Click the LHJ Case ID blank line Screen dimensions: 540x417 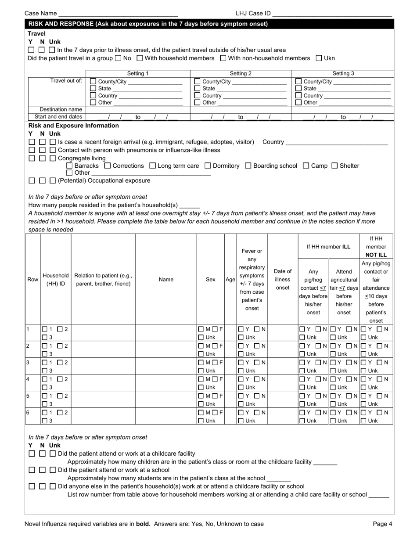pos(332,14)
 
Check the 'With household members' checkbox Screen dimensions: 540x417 pos(140,58)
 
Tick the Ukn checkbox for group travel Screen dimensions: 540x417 pos(319,58)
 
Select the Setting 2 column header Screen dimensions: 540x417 pos(241,73)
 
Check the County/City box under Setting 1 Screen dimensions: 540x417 pos(93,81)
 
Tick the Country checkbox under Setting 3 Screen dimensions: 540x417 pos(298,96)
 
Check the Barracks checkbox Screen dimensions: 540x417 pos(69,166)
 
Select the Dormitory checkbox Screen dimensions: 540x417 pos(208,166)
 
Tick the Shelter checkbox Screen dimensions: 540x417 pos(334,166)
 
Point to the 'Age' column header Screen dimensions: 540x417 pos(230,279)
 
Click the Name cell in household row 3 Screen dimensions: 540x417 pos(166,366)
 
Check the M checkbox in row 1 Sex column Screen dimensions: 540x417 pos(201,329)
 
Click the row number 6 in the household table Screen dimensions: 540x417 pos(28,412)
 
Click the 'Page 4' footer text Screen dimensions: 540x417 pos(382,523)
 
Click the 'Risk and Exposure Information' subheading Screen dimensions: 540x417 pos(74,126)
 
